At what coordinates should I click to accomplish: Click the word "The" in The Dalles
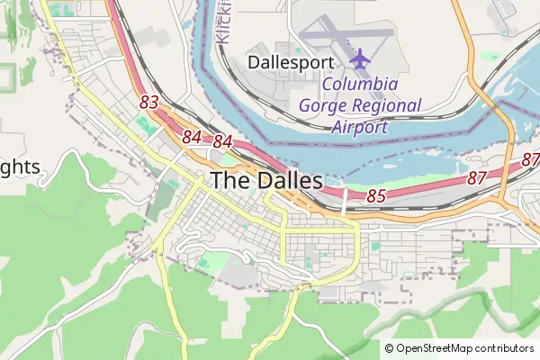pyautogui.click(x=228, y=180)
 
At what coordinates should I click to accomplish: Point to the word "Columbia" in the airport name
pyautogui.click(x=360, y=85)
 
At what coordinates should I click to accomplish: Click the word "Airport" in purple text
pyautogui.click(x=358, y=127)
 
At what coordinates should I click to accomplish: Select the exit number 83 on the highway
pyautogui.click(x=149, y=103)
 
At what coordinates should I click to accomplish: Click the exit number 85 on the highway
pyautogui.click(x=376, y=195)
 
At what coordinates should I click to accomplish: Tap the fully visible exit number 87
pyautogui.click(x=477, y=178)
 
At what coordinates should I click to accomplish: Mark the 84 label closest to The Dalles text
pyautogui.click(x=223, y=142)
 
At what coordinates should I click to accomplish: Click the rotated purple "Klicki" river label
pyautogui.click(x=224, y=22)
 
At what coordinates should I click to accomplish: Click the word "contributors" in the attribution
pyautogui.click(x=503, y=348)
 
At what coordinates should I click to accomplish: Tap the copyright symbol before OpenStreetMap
pyautogui.click(x=390, y=348)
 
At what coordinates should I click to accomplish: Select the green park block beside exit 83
pyautogui.click(x=143, y=124)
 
